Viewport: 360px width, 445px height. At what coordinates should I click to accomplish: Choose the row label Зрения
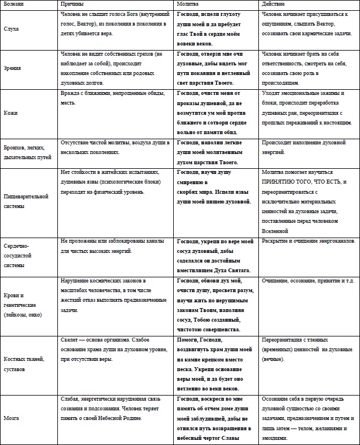pos(12,68)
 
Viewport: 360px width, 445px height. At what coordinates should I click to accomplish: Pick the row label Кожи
pos(10,113)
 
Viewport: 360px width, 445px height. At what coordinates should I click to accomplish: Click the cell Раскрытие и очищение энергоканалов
pos(308,242)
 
